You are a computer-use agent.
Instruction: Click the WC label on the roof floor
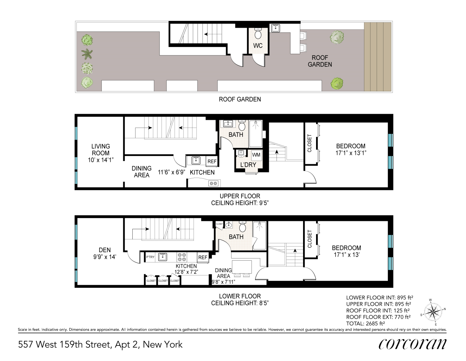pyautogui.click(x=258, y=45)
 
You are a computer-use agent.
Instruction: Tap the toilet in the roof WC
pyautogui.click(x=258, y=34)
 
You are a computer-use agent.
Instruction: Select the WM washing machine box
pyautogui.click(x=256, y=155)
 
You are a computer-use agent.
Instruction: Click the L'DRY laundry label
pyautogui.click(x=248, y=165)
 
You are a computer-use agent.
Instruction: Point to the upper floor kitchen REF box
pyautogui.click(x=212, y=161)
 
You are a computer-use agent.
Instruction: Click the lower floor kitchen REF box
pyautogui.click(x=203, y=257)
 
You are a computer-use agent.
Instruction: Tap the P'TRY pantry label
pyautogui.click(x=150, y=257)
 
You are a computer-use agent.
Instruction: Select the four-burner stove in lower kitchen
pyautogui.click(x=182, y=257)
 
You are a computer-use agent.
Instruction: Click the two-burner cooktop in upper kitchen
pyautogui.click(x=213, y=183)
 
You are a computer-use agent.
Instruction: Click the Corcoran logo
pyautogui.click(x=412, y=344)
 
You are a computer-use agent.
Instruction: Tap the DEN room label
pyautogui.click(x=105, y=250)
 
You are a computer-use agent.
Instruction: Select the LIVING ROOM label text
pyautogui.click(x=101, y=149)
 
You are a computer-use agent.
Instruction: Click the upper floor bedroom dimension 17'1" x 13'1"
pyautogui.click(x=351, y=153)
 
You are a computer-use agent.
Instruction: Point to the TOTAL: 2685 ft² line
pyautogui.click(x=365, y=323)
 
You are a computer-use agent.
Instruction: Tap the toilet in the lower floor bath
pyautogui.click(x=243, y=227)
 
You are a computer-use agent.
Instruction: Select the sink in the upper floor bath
pyautogui.click(x=228, y=124)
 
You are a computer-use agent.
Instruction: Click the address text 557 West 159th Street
pyautogui.click(x=100, y=344)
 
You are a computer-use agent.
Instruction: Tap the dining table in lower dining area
pyautogui.click(x=242, y=267)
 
